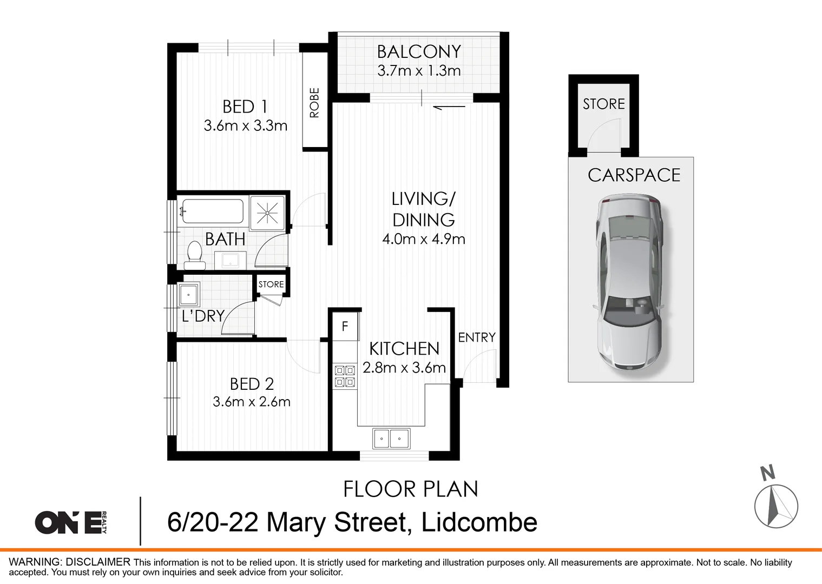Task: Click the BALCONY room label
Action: [419, 52]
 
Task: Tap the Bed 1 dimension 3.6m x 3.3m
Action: [245, 126]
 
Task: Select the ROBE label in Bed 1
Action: [314, 103]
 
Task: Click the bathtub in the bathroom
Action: [212, 211]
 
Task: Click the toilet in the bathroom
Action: [194, 255]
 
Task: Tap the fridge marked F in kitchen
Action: [345, 327]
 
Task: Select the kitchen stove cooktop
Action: [345, 376]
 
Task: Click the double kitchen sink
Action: [391, 438]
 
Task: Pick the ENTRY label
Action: [476, 337]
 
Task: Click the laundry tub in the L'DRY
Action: [189, 295]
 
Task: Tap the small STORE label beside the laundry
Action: [271, 284]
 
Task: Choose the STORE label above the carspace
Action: [603, 104]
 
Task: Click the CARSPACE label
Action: [634, 175]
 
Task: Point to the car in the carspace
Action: [629, 283]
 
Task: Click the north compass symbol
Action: [776, 505]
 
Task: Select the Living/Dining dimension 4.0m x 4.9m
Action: [423, 239]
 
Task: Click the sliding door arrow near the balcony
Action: [449, 107]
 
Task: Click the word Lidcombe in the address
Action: [479, 522]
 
